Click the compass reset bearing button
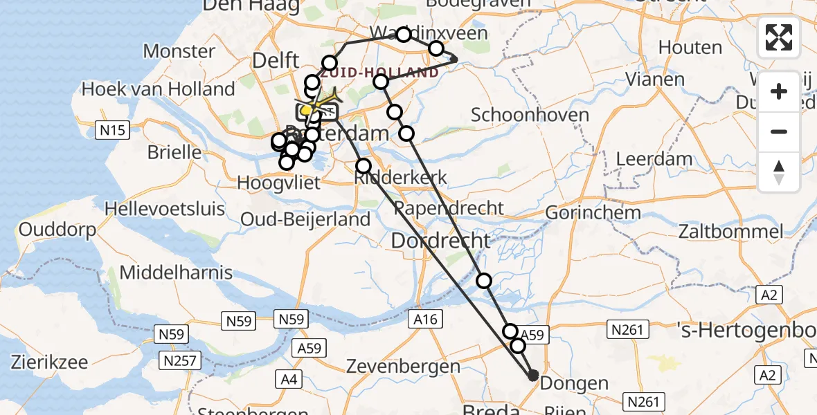point(779,172)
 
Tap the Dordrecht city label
point(441,241)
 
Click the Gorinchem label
point(593,212)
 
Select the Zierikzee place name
point(49,362)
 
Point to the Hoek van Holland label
point(159,89)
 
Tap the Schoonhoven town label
point(530,115)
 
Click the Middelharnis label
point(176,273)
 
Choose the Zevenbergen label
point(403,366)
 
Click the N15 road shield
point(111,129)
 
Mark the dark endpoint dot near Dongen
point(532,376)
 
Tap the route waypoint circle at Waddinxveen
point(404,34)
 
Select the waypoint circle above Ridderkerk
point(363,166)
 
